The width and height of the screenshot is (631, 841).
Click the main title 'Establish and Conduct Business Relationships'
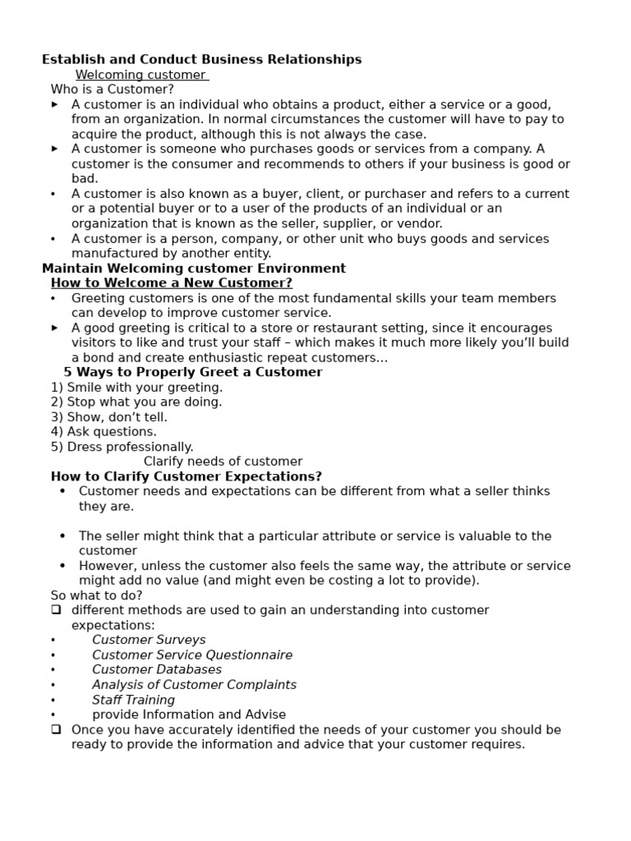coord(201,60)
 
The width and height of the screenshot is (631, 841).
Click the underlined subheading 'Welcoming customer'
coord(140,75)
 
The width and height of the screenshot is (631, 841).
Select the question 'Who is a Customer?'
coord(113,90)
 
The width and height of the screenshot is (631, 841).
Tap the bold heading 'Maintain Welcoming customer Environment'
coord(194,269)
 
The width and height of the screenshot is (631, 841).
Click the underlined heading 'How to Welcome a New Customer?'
coord(172,283)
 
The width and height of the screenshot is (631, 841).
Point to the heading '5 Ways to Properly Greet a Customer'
coord(193,372)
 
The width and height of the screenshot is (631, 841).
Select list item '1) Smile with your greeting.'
coord(136,388)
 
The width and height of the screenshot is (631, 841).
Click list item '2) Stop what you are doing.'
coord(136,402)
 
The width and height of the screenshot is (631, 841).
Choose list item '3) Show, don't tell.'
coord(109,417)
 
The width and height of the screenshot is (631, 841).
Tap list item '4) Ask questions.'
coord(104,432)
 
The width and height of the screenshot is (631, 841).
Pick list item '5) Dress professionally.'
coord(122,447)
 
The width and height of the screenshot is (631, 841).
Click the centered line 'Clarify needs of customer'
coord(223,462)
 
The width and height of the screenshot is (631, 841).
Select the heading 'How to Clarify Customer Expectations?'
coord(187,476)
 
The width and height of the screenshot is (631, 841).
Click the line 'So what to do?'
coord(96,595)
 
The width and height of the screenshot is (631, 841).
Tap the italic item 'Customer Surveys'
coord(149,640)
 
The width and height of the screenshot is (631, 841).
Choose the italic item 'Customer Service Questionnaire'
coord(192,655)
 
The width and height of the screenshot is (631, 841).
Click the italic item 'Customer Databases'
coord(157,670)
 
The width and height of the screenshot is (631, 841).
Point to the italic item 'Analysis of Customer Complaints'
coord(194,685)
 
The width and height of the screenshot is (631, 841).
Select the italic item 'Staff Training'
coord(133,700)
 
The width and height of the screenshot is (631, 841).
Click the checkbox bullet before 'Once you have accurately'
coord(56,729)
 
